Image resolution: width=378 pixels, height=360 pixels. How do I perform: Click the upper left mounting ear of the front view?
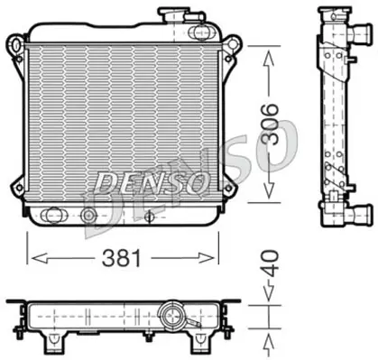(15, 45)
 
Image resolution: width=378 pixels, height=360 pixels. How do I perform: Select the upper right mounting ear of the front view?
(234, 45)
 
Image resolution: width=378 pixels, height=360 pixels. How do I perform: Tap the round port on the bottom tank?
(88, 217)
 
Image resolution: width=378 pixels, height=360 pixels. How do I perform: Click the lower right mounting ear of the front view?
(232, 200)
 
